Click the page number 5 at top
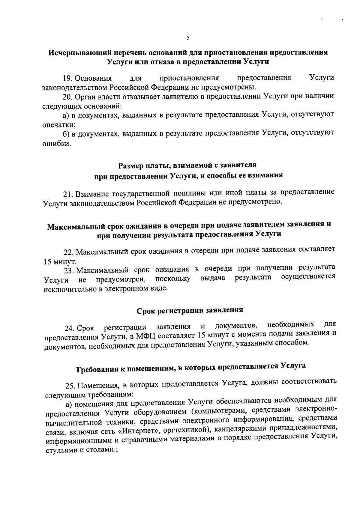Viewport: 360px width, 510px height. pos(188,38)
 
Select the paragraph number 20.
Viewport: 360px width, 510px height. pos(67,97)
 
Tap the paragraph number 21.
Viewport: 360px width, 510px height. pos(69,194)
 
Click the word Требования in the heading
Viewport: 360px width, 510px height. pos(97,368)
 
